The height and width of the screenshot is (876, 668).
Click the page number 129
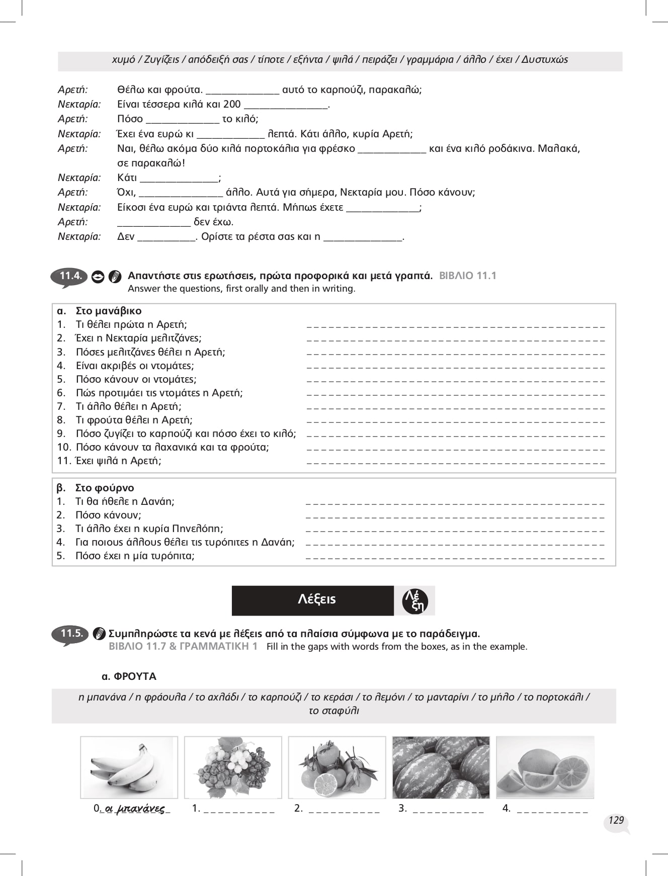coord(616,820)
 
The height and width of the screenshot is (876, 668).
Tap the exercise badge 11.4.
coord(69,276)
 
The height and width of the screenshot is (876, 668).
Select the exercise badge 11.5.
coord(70,634)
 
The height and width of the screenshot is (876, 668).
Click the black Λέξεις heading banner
coord(312,600)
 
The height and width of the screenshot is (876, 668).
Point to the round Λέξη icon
coord(415,601)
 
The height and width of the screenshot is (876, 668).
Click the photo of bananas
coord(129,767)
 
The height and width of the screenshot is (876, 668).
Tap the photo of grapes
coord(233,767)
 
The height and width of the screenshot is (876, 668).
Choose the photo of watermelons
coord(441,767)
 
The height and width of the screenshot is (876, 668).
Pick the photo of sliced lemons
coord(545,767)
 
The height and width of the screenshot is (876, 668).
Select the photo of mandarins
coord(337,767)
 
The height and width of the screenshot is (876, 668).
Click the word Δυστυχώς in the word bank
coord(544,60)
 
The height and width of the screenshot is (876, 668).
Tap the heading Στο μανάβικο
coord(108,311)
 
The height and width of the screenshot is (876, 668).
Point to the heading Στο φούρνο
coord(104,488)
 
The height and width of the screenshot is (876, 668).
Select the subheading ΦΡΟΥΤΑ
coord(129,676)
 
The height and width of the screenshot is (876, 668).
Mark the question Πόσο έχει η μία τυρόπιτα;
coord(134,556)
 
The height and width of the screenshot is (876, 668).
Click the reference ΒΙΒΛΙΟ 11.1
coord(467,276)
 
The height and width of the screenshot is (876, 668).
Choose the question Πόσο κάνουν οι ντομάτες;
coord(136,379)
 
